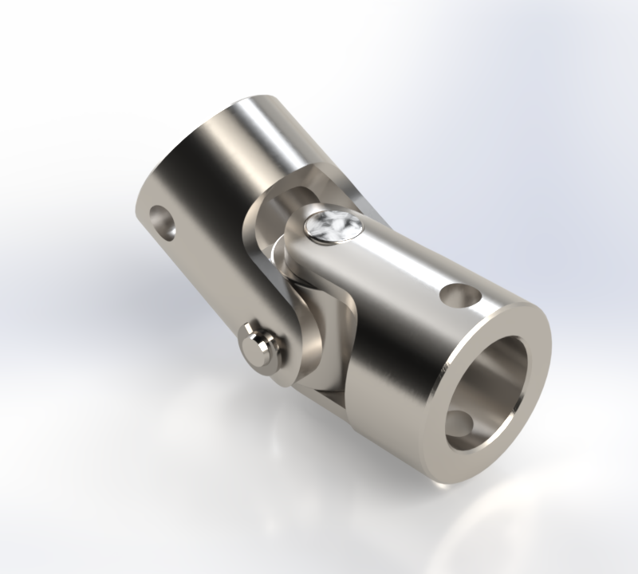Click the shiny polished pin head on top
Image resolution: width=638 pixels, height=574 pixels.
(x=332, y=226)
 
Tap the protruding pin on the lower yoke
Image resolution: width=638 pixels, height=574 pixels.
(x=261, y=346)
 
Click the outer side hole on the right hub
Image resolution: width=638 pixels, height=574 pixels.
(x=460, y=297)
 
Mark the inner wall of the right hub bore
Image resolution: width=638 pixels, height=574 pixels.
(x=510, y=375)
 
